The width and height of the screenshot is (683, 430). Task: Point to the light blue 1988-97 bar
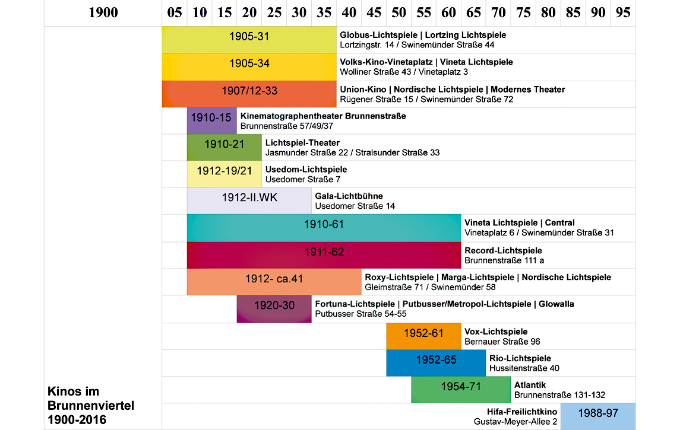click(597, 416)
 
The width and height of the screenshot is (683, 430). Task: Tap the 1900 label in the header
click(103, 12)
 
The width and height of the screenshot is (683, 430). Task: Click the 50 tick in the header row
click(399, 12)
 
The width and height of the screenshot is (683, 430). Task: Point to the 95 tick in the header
click(623, 12)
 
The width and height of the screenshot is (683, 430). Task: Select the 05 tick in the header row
click(174, 12)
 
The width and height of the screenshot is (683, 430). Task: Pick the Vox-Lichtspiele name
click(496, 332)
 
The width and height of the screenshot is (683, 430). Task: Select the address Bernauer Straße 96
click(502, 342)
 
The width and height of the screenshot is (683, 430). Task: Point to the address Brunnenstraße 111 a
click(504, 260)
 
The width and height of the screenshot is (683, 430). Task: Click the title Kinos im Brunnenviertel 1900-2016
click(91, 406)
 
